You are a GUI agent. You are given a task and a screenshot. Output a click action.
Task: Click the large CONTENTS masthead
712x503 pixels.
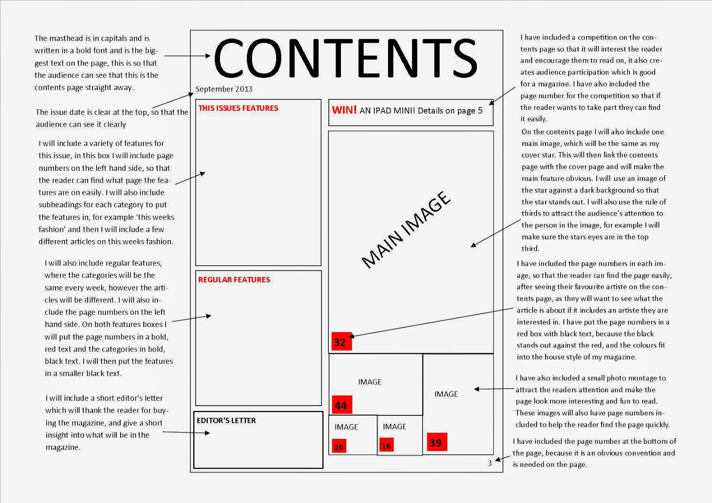click(x=345, y=58)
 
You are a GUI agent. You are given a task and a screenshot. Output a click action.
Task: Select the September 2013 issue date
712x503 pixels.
click(x=224, y=89)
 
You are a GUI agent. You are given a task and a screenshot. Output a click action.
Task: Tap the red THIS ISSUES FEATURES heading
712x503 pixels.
click(x=238, y=108)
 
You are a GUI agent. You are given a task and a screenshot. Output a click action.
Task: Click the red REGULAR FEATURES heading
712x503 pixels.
click(x=234, y=280)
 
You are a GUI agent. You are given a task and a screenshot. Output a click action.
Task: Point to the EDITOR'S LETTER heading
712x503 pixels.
click(x=226, y=420)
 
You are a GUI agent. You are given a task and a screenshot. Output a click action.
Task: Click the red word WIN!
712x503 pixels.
click(x=344, y=110)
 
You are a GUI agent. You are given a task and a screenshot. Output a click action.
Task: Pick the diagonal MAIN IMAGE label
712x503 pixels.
click(x=406, y=230)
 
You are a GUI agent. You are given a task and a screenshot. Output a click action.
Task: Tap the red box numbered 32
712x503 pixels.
click(x=341, y=342)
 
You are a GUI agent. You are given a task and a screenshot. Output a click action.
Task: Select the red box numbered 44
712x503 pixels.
click(x=342, y=405)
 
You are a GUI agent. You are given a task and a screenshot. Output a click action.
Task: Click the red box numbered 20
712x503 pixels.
click(x=339, y=447)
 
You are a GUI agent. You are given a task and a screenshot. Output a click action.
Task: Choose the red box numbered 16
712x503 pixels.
click(x=386, y=445)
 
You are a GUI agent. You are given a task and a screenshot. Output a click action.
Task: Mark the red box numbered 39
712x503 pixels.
click(x=436, y=442)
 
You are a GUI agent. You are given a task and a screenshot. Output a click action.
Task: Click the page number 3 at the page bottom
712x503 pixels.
click(x=490, y=463)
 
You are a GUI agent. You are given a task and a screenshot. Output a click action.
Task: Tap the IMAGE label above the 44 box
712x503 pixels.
click(x=369, y=382)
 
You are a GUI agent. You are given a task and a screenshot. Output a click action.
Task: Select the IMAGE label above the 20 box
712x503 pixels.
click(x=346, y=427)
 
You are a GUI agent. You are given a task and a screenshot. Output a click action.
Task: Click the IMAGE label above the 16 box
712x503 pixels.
click(x=394, y=427)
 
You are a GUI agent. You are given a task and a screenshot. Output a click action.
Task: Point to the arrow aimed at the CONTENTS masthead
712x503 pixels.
click(x=187, y=56)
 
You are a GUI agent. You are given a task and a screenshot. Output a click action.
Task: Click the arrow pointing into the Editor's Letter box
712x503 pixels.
click(x=186, y=432)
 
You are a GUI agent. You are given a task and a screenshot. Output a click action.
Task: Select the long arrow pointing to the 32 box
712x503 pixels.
click(x=432, y=322)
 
